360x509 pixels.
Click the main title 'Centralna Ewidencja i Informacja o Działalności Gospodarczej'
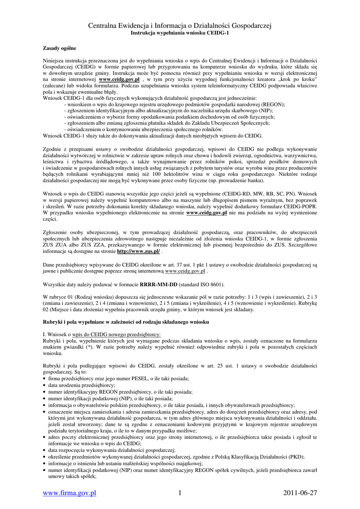point(180,25)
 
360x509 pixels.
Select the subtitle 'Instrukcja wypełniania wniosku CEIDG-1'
point(180,33)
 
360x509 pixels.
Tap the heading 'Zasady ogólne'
point(60,48)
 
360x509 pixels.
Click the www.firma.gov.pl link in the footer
point(70,493)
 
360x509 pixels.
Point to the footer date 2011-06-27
point(299,493)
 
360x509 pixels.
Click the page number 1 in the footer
point(180,493)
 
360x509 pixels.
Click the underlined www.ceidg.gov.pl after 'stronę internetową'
point(185,271)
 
